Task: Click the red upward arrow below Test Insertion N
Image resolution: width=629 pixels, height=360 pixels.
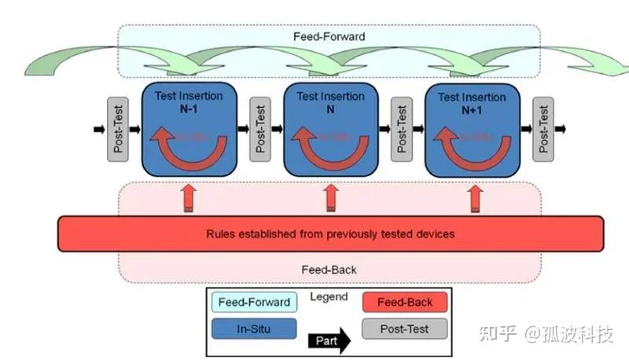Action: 331,198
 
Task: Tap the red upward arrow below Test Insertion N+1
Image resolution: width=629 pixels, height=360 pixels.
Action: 475,198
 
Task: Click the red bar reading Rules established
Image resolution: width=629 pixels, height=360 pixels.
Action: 330,233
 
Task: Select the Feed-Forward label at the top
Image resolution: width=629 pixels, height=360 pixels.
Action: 330,36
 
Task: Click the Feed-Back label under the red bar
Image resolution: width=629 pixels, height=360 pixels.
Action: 329,270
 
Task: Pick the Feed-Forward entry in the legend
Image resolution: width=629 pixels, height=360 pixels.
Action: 253,302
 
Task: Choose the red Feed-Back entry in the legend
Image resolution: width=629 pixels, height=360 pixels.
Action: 404,302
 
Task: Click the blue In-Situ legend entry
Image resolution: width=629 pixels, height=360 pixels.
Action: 253,329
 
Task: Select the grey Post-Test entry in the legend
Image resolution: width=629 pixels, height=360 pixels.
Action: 404,329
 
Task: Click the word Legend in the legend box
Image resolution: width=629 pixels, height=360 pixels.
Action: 329,297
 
